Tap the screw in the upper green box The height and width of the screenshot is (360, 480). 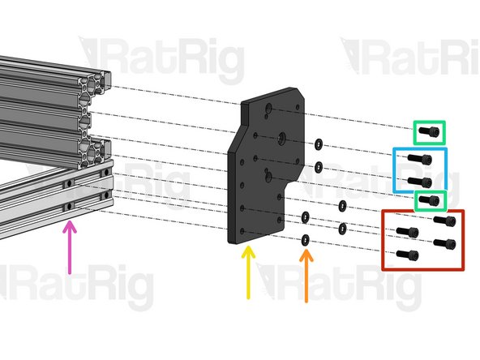coord(432,131)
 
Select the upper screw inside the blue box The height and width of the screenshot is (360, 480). coord(419,160)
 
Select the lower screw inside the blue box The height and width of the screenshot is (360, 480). coord(419,181)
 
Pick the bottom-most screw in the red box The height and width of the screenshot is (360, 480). coord(405,255)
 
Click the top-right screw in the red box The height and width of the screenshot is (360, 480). coord(444,221)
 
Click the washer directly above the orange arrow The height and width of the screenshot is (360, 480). coord(306,240)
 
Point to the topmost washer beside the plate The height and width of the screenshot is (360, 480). coord(319,144)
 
